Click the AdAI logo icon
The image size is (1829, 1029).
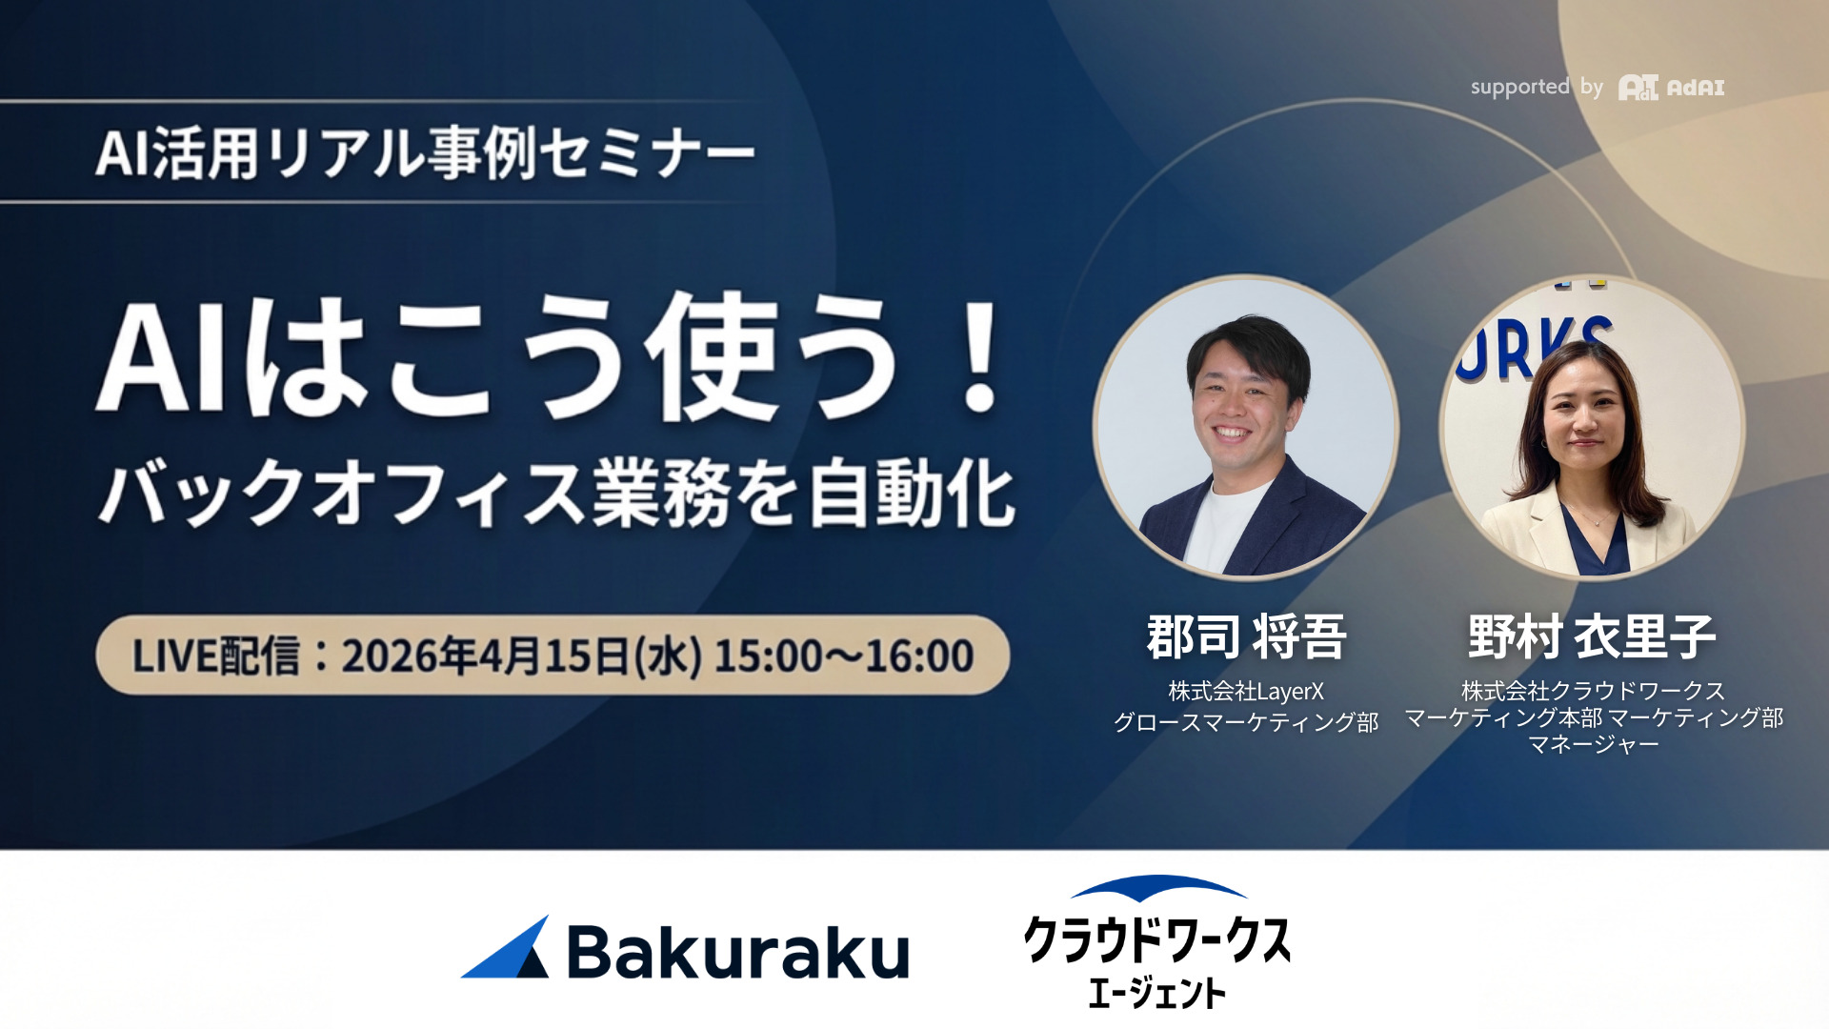pos(1638,88)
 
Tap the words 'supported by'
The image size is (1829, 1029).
pos(1537,87)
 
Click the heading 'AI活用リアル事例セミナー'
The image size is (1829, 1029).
pos(425,153)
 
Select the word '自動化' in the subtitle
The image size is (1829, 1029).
pos(913,493)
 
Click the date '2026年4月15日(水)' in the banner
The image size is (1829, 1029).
pos(522,656)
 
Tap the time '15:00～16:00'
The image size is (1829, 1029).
pos(844,656)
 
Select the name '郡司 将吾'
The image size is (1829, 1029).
pos(1246,636)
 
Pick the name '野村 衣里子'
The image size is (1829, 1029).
pos(1592,636)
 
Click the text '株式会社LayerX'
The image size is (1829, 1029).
pos(1246,691)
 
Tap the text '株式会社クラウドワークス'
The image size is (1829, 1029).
pos(1593,690)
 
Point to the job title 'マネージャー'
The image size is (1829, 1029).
pos(1594,744)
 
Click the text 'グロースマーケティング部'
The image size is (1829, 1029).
pos(1246,722)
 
